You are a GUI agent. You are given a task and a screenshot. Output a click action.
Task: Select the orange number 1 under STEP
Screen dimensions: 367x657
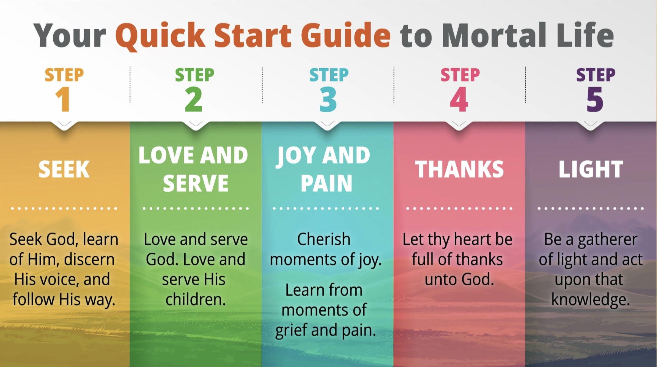point(63,99)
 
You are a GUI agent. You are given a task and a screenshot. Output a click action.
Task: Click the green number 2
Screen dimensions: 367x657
point(194,99)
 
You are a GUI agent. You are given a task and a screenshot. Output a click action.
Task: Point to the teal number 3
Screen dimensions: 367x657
point(328,99)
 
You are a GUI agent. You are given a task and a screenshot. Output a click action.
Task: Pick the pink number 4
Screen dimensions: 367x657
point(459,99)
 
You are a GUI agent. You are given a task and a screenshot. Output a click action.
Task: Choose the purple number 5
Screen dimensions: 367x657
point(595,99)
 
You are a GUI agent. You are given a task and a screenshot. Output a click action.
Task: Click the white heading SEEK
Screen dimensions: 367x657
point(64,169)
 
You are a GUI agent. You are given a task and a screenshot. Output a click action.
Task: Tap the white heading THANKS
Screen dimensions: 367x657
point(459,169)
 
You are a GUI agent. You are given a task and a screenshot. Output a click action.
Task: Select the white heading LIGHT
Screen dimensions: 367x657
point(591,169)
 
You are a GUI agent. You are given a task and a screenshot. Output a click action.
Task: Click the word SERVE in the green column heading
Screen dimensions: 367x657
point(196,184)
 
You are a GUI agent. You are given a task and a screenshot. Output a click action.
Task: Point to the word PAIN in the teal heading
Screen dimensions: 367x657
point(327,184)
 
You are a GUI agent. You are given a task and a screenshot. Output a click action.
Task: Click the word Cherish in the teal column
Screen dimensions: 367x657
point(324,239)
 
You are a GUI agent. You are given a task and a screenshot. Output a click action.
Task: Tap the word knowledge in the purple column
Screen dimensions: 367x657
point(590,300)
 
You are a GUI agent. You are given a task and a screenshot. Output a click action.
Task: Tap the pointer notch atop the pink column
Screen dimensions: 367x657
point(459,125)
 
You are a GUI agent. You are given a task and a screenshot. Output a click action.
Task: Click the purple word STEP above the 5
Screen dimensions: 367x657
point(595,75)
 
